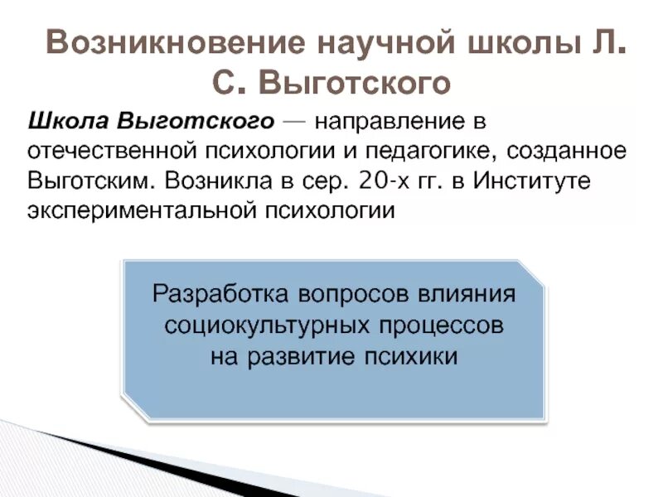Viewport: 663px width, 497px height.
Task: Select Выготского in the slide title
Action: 356,83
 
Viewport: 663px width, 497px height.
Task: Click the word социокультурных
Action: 259,326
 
